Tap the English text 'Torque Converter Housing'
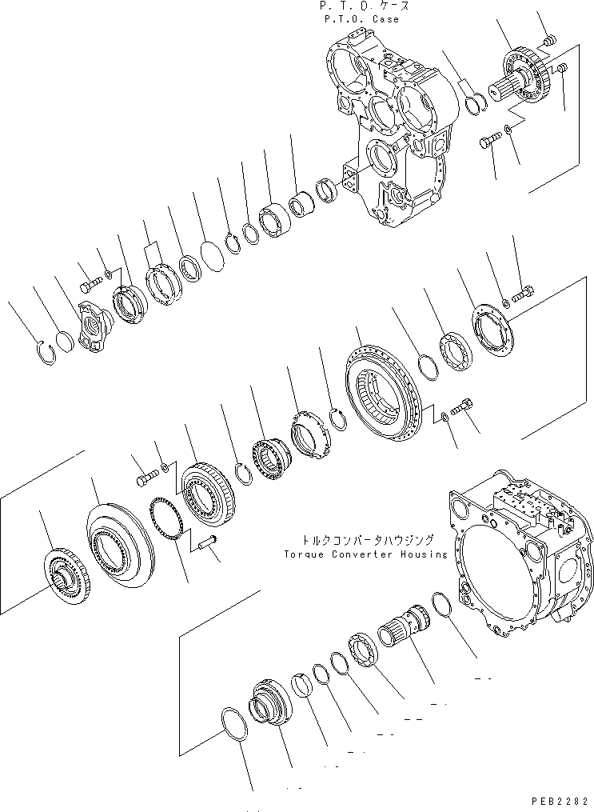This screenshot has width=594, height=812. (365, 554)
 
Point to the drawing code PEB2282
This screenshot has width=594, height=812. (560, 801)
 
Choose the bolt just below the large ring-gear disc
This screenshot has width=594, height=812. (461, 408)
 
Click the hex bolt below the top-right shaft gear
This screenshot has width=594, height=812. (488, 144)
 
